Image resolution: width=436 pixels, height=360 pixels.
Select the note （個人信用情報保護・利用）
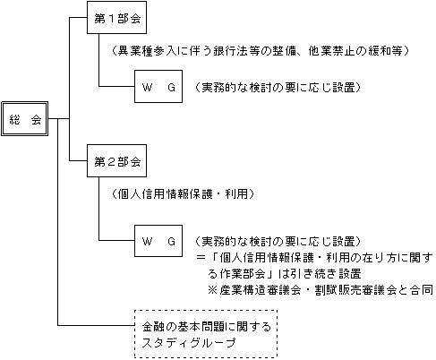(183, 194)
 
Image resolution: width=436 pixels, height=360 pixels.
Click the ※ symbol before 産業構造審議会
(213, 290)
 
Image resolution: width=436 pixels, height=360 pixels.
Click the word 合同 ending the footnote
(422, 290)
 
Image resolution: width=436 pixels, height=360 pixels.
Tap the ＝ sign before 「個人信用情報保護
(201, 257)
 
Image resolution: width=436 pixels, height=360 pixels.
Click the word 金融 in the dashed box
(153, 327)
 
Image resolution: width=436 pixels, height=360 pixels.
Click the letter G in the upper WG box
(171, 88)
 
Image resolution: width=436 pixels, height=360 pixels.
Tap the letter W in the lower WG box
(147, 241)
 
